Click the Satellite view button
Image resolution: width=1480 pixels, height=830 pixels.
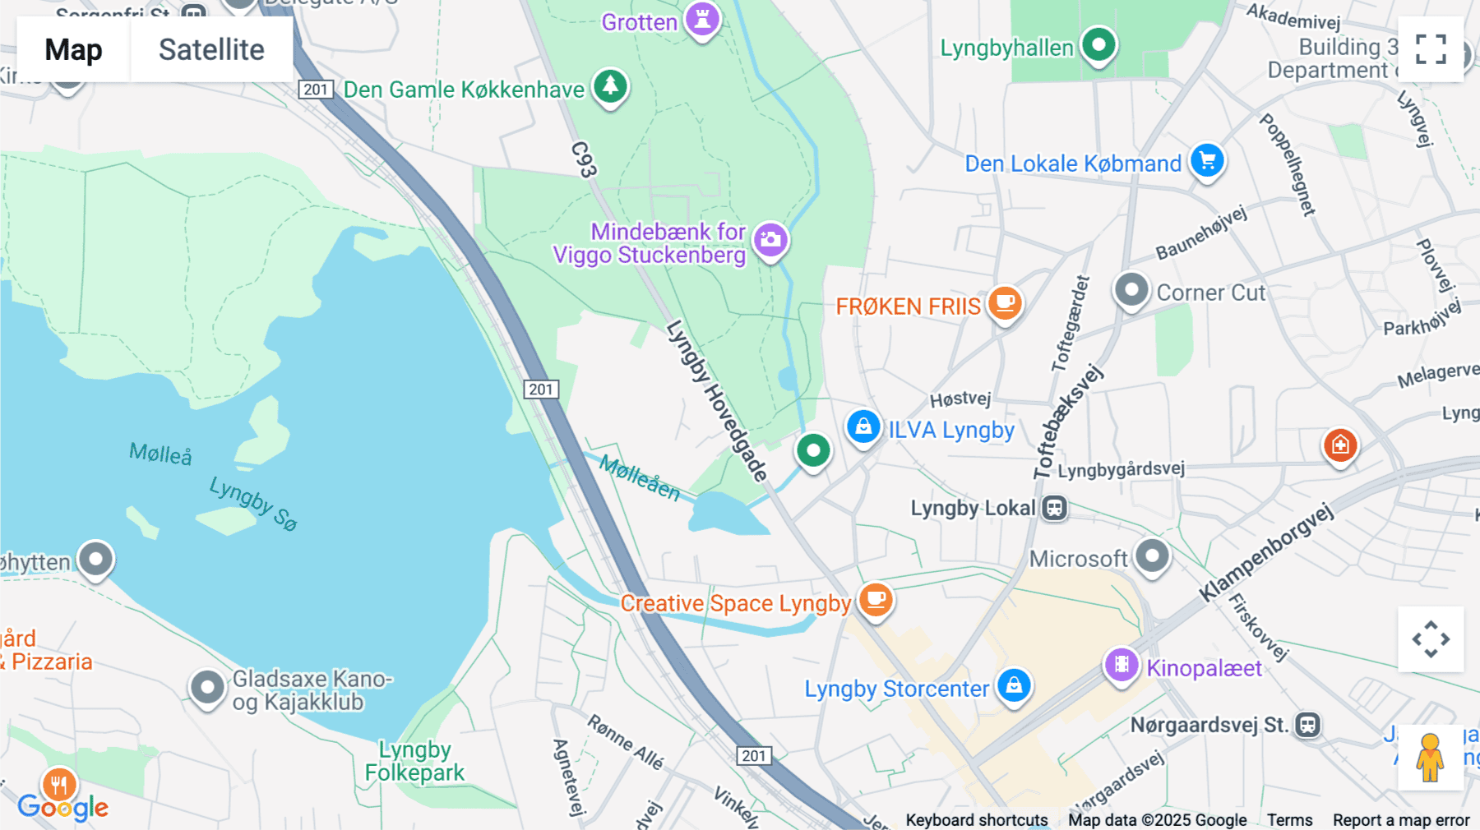[x=211, y=49]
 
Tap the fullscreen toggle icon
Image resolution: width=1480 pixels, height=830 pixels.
[x=1431, y=49]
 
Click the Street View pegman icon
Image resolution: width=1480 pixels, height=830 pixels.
[x=1430, y=758]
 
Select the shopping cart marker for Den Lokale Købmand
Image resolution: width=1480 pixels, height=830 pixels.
[x=1207, y=161]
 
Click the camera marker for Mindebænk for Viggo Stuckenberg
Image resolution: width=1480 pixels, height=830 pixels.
[x=770, y=240]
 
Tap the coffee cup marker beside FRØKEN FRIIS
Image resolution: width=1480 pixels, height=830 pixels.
[x=1005, y=303]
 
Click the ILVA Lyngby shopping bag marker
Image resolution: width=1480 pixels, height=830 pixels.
[x=863, y=427]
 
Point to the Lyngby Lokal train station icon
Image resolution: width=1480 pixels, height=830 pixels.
[x=1055, y=508]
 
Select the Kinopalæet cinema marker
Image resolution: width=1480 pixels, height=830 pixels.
[x=1122, y=665]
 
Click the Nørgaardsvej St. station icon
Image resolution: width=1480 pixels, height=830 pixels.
[x=1307, y=725]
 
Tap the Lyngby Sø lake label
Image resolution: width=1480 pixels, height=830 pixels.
[x=252, y=503]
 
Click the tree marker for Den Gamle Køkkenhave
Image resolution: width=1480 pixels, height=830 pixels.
[x=610, y=86]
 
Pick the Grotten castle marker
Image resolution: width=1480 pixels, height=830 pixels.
[x=702, y=19]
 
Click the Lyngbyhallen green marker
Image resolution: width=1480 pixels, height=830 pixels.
[x=1098, y=44]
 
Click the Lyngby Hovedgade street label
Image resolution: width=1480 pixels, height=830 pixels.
[x=716, y=400]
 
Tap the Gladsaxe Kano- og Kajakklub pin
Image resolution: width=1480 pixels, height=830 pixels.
[x=207, y=687]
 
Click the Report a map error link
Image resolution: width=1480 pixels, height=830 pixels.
[x=1400, y=819]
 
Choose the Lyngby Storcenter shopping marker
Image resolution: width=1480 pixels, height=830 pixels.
[x=1014, y=685]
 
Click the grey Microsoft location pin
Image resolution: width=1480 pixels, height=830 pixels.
[x=1152, y=556]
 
